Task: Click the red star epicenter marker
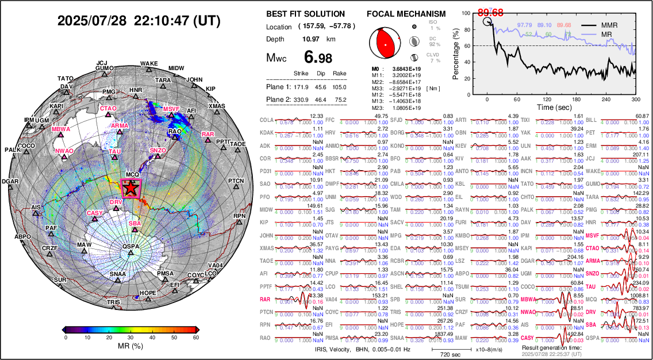pos(130,187)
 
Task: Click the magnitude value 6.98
pos(317,58)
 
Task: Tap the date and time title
pos(139,21)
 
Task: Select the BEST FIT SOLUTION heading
pos(306,14)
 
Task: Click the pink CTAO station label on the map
pos(108,108)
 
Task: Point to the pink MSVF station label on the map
pos(171,109)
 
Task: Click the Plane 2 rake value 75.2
pos(340,100)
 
